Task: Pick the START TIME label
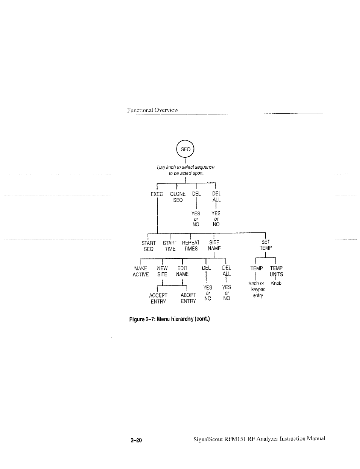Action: (x=170, y=246)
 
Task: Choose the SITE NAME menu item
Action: (x=214, y=246)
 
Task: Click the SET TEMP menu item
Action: (x=265, y=245)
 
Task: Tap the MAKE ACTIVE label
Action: (x=140, y=271)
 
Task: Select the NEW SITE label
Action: (x=162, y=271)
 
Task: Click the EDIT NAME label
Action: (x=182, y=271)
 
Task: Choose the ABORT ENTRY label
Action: (x=188, y=298)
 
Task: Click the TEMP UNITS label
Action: (x=276, y=271)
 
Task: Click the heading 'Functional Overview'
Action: (x=152, y=110)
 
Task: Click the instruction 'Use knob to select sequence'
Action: (x=186, y=167)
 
